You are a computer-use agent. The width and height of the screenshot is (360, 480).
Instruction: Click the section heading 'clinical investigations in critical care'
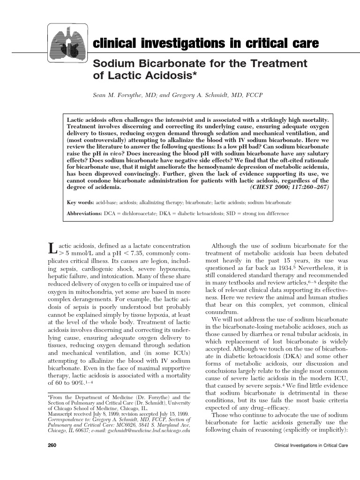coord(206,44)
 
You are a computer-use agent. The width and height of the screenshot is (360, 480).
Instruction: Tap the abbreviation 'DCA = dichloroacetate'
coord(133,213)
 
